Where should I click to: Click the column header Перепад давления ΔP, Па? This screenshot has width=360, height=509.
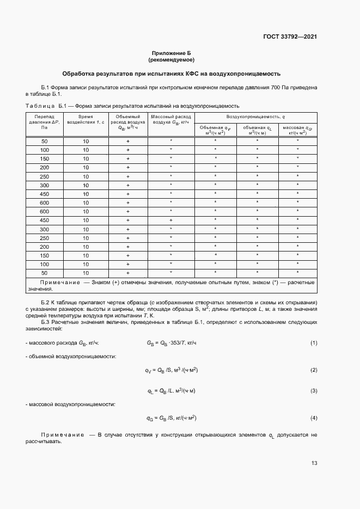(45, 122)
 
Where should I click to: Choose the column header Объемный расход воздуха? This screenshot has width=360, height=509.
(128, 122)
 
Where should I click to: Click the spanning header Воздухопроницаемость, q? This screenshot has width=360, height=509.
(256, 117)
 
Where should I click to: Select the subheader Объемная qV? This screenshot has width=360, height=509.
(215, 130)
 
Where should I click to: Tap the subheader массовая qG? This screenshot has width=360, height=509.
(297, 130)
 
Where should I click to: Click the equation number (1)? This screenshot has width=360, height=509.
(314, 343)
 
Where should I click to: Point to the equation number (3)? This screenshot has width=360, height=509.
(314, 391)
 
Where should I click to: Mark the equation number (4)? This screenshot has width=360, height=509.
(314, 418)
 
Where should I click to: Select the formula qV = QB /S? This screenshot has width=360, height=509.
(171, 370)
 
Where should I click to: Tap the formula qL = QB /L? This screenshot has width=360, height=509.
(171, 391)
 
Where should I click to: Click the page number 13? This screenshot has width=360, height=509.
(314, 463)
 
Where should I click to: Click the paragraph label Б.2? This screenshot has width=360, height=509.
(46, 302)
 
